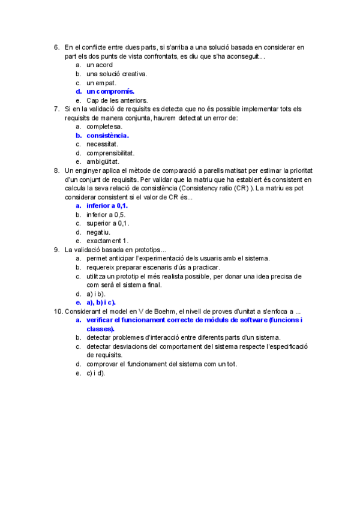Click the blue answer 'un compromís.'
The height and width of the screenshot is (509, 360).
(110, 92)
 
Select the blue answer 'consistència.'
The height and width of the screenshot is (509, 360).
(108, 136)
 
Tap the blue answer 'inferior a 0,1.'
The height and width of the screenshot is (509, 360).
(107, 206)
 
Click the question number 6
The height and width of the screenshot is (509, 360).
(56, 47)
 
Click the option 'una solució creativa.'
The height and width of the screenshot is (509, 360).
(116, 74)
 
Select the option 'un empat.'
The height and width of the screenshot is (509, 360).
(101, 83)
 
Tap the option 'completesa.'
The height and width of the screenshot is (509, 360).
(104, 127)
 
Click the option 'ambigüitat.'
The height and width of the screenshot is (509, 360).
(103, 161)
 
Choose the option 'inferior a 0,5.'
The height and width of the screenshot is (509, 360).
(106, 214)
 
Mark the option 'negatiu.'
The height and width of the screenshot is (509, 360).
(98, 232)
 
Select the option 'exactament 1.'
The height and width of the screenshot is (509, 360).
(107, 241)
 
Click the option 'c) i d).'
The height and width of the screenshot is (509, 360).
(95, 373)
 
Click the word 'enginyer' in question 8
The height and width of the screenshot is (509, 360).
(88, 170)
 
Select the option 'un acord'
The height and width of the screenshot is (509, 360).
(100, 65)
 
